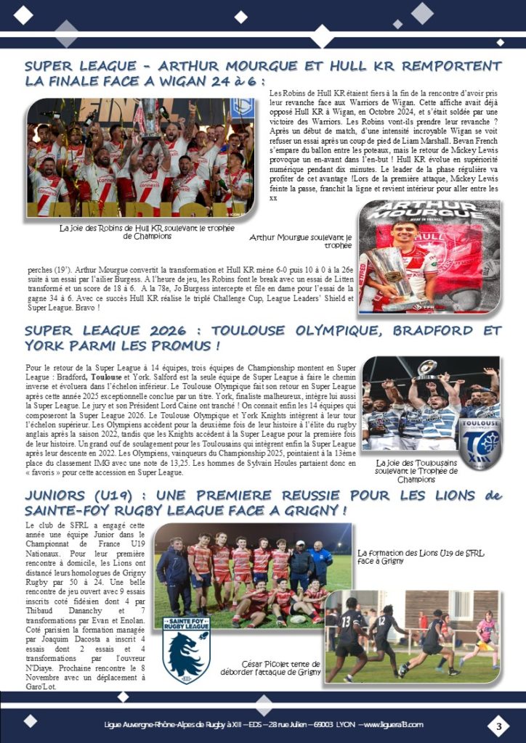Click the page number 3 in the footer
click(x=499, y=726)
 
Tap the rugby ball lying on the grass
click(x=299, y=619)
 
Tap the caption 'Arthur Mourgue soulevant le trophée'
click(x=299, y=241)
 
